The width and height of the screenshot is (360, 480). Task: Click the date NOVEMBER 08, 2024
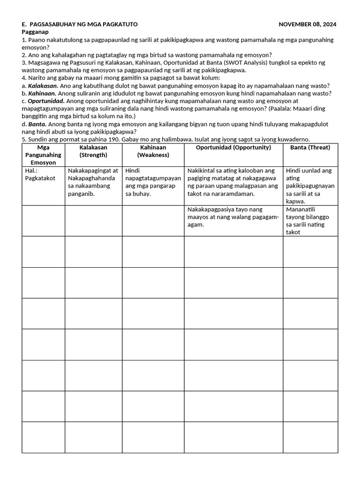(x=307, y=24)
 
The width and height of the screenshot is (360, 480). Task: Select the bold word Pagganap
(x=36, y=32)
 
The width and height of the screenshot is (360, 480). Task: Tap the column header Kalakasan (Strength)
(x=93, y=151)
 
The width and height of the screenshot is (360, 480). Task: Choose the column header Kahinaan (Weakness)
(x=153, y=151)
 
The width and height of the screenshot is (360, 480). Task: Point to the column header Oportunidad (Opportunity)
(x=233, y=147)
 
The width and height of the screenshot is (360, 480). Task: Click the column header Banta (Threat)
(x=310, y=147)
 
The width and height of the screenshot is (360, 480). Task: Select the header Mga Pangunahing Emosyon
(x=43, y=155)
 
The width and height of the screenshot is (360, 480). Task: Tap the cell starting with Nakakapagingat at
(x=93, y=182)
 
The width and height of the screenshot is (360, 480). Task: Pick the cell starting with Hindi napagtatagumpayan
(x=153, y=182)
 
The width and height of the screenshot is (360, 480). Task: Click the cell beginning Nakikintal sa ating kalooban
(x=232, y=182)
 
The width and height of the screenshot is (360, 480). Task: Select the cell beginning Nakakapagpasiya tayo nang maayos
(x=232, y=217)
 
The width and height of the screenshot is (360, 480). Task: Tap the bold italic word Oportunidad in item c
(x=46, y=101)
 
